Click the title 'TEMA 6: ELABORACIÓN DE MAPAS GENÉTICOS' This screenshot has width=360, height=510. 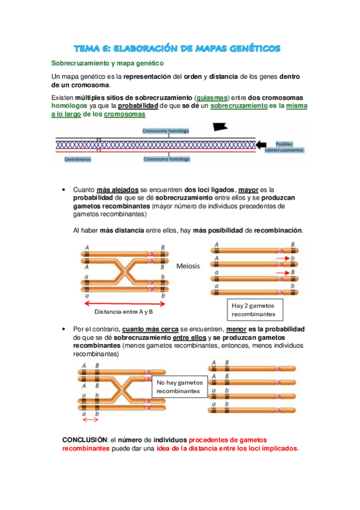(x=180, y=48)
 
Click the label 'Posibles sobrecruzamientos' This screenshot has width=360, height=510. (x=284, y=147)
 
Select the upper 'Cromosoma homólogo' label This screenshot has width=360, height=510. (x=166, y=130)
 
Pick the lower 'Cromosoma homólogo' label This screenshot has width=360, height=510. (x=166, y=159)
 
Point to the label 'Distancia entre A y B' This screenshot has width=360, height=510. (x=124, y=312)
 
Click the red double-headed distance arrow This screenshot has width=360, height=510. (x=124, y=302)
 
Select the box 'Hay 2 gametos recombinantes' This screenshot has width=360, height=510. (x=254, y=309)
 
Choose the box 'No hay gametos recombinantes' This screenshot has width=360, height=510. (x=178, y=387)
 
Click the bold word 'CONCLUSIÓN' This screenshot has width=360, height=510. (x=84, y=440)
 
